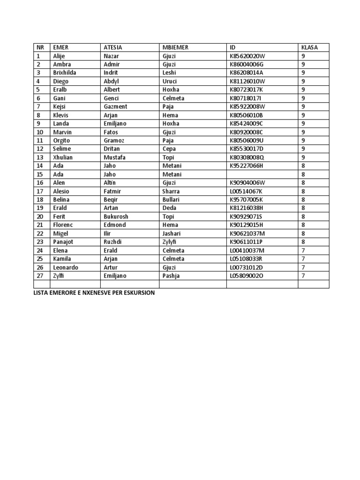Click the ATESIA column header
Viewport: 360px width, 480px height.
point(112,47)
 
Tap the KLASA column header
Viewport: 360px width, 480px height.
point(309,47)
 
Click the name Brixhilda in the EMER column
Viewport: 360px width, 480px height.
point(65,73)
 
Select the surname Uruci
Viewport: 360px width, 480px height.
point(170,81)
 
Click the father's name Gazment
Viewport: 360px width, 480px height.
point(115,106)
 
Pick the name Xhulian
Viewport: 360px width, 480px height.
point(63,157)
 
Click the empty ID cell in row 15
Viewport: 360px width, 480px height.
point(262,174)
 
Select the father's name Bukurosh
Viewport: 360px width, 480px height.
point(116,216)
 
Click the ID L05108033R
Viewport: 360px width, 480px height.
point(247,258)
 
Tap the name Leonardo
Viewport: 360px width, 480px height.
point(66,267)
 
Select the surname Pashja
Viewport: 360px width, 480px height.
point(171,276)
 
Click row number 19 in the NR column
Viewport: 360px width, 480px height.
point(40,208)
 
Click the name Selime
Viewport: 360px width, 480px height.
point(62,149)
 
